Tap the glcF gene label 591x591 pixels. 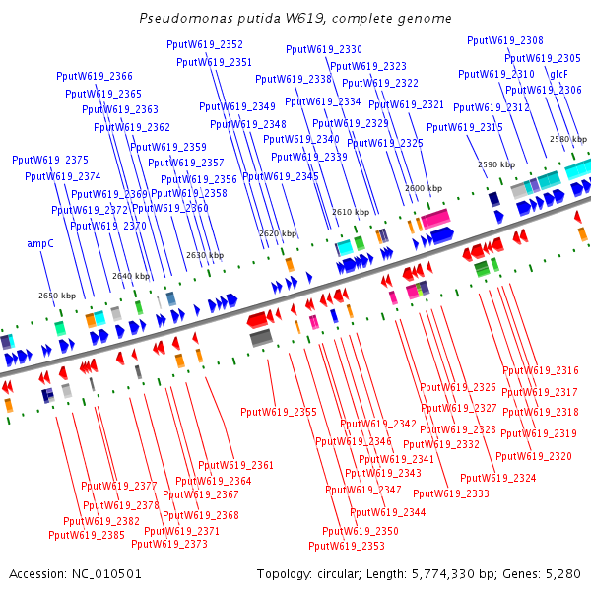559,74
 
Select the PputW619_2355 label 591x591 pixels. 279,412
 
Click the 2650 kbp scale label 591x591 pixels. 56,295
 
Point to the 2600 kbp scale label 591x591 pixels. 423,187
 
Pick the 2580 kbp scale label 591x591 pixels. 567,139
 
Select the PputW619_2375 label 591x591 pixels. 50,160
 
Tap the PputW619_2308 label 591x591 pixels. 505,40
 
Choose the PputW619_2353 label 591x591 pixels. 347,546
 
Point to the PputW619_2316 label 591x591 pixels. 541,370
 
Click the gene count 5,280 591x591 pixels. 562,573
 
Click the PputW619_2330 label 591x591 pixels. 324,49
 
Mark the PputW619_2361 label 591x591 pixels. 235,465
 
